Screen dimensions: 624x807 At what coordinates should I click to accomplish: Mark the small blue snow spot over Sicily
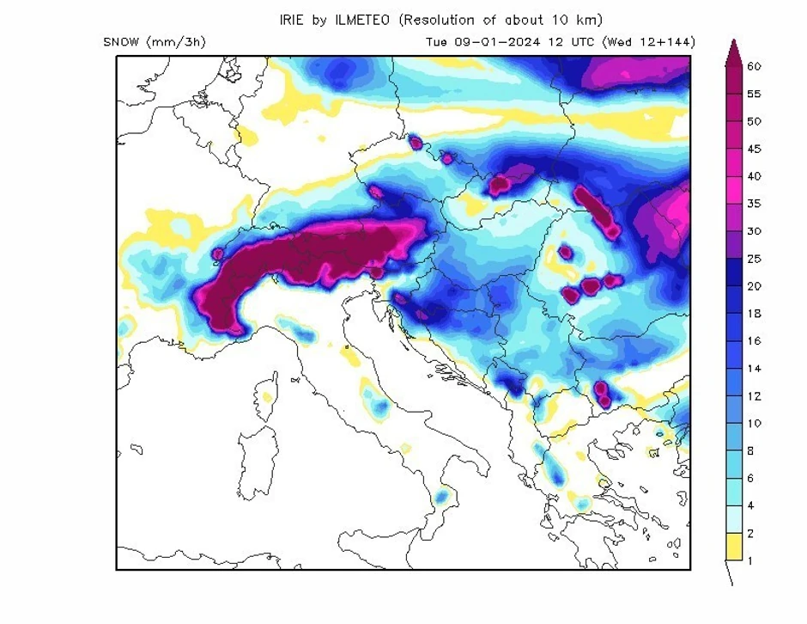tap(442, 497)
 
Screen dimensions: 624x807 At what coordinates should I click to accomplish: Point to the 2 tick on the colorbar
tap(751, 534)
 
